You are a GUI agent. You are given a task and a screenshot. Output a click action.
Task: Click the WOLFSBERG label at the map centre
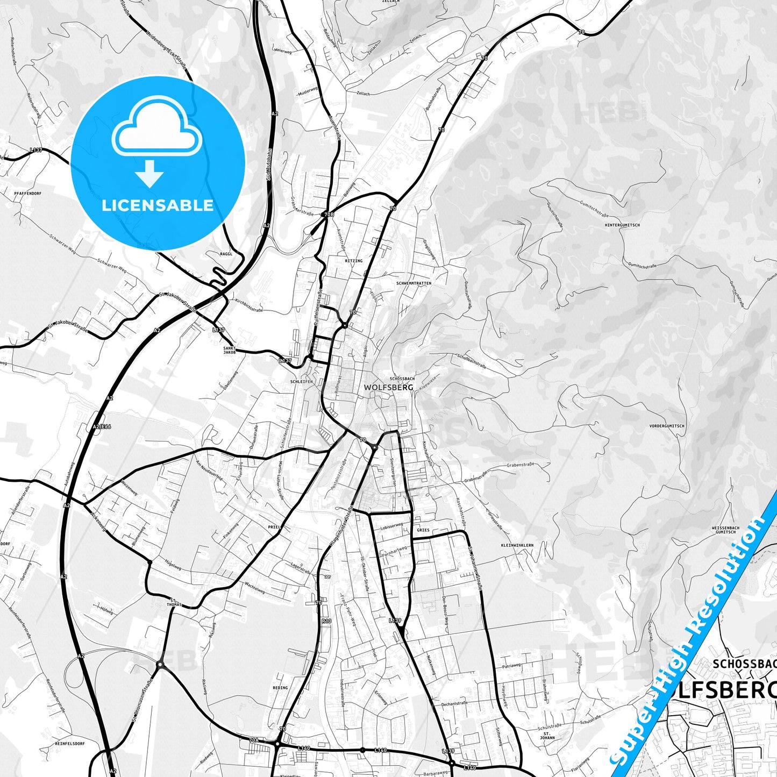click(389, 387)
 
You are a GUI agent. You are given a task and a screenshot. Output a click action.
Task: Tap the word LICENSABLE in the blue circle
click(158, 205)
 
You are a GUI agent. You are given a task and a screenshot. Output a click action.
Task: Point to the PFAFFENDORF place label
click(28, 193)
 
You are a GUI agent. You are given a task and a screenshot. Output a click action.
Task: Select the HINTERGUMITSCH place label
click(622, 225)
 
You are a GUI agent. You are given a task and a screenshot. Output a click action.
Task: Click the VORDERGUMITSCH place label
click(667, 426)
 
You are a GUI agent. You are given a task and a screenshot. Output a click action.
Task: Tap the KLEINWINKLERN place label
click(517, 545)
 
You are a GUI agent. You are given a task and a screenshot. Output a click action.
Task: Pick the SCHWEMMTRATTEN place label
click(414, 283)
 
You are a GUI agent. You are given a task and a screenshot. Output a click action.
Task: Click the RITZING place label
click(353, 261)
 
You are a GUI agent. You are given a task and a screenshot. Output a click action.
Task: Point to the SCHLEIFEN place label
click(301, 382)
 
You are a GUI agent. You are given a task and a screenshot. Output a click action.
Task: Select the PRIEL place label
click(274, 527)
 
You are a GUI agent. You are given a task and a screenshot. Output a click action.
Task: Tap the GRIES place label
click(423, 530)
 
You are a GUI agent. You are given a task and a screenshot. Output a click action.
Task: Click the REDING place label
click(280, 688)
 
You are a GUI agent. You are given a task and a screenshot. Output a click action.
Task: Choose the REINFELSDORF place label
click(70, 744)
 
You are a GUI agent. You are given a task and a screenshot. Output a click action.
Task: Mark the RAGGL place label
click(226, 254)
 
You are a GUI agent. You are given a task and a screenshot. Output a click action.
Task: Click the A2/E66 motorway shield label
click(102, 426)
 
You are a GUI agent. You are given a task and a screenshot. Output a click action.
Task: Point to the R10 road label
click(326, 621)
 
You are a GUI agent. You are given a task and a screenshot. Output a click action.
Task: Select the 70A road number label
click(254, 740)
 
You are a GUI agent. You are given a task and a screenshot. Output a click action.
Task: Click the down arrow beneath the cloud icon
click(149, 174)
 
